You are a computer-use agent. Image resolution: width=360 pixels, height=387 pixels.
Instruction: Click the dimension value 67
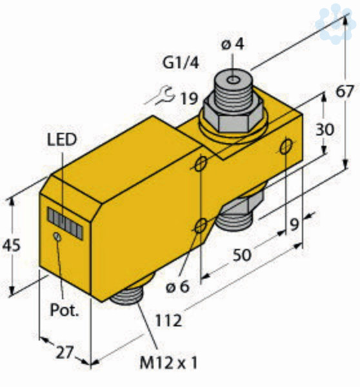coord(345,92)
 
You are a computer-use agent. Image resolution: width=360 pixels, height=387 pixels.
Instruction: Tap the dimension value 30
coord(325,129)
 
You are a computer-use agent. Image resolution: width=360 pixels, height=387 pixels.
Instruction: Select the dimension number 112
coord(168,321)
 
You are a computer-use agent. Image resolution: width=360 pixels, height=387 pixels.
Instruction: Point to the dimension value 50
coord(242,255)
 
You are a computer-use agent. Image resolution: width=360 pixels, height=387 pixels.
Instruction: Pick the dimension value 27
coord(65,352)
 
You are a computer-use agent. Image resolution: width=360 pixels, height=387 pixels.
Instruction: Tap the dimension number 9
coord(294,224)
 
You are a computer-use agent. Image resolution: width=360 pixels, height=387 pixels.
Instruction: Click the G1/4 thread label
coord(181,63)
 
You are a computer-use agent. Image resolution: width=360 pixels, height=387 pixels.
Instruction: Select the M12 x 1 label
coord(168,362)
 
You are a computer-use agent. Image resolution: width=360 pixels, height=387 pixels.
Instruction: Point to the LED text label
coord(62,139)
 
